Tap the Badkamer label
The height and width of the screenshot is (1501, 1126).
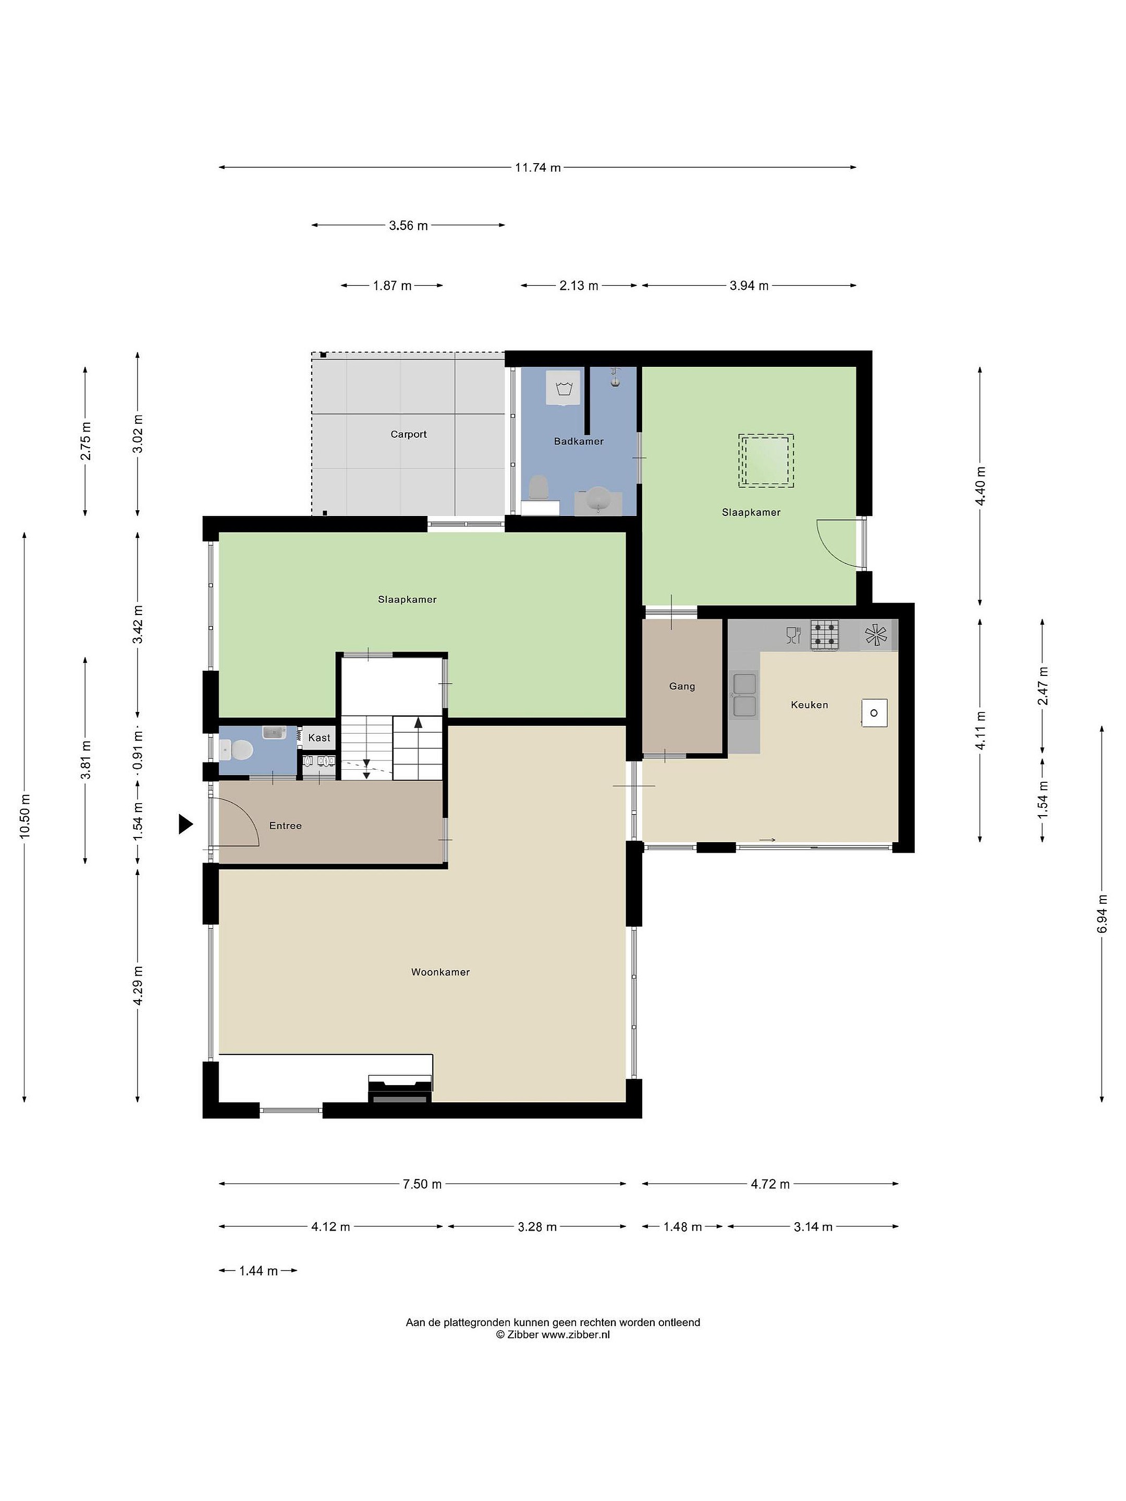click(x=578, y=441)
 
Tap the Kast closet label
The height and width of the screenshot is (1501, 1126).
click(x=319, y=737)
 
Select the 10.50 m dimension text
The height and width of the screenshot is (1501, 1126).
click(x=25, y=816)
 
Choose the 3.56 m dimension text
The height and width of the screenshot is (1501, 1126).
click(x=409, y=225)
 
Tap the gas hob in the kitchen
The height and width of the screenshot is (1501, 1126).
click(x=825, y=635)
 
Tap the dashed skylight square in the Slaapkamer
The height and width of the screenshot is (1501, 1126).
click(x=766, y=461)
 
